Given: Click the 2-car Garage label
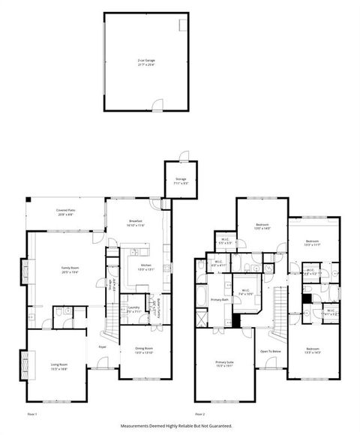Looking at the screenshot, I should (x=146, y=61).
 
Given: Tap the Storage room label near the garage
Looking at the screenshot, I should (x=181, y=180).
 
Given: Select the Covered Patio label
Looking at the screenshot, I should (x=66, y=211).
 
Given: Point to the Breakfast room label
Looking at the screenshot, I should (x=136, y=221).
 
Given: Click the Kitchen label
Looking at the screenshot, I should (x=146, y=267).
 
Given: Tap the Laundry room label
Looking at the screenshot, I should (x=133, y=308).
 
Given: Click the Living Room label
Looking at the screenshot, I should (x=59, y=367).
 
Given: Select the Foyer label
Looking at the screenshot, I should (x=101, y=347).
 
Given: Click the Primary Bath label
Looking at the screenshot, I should (x=219, y=300).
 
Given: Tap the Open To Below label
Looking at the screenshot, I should (x=270, y=351).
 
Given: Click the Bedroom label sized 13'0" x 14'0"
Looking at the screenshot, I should (x=262, y=226).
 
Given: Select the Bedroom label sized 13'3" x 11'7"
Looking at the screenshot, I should (x=313, y=242).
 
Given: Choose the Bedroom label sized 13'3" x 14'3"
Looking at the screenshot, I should (x=313, y=351).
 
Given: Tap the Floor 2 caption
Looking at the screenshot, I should (x=199, y=413).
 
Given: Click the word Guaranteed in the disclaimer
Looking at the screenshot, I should (x=217, y=426).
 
